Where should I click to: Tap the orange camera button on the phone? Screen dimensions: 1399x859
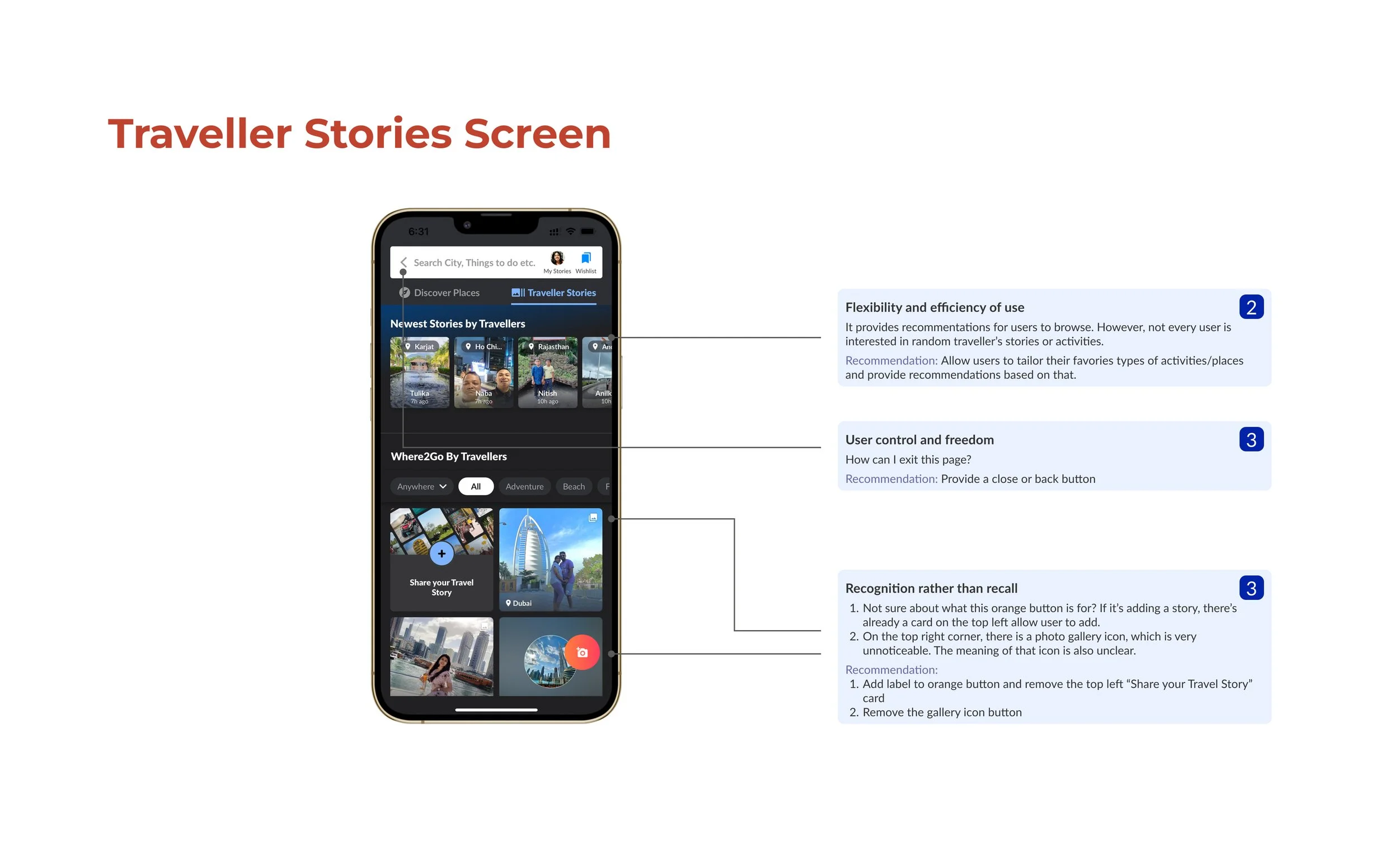(581, 652)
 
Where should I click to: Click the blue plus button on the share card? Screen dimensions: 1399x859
(442, 553)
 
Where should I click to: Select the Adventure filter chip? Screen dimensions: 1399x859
(524, 486)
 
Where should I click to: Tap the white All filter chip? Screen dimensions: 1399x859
(476, 486)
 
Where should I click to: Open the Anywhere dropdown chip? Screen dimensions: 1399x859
(421, 486)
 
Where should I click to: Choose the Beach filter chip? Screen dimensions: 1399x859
(573, 486)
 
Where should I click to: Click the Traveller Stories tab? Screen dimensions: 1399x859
(554, 293)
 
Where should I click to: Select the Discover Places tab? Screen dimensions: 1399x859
(440, 293)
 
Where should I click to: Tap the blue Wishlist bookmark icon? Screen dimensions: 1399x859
(585, 259)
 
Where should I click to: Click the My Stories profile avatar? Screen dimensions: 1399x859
(557, 259)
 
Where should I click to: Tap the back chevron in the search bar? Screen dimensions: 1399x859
(403, 262)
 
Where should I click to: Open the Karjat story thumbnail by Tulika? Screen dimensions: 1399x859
(419, 372)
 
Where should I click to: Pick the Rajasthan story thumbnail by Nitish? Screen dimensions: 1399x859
(547, 372)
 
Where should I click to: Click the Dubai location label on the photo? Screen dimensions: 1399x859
(519, 603)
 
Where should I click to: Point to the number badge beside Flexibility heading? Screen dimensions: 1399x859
(1251, 307)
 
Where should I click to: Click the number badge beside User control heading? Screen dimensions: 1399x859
(1251, 440)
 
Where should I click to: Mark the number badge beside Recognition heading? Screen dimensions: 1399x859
(1251, 588)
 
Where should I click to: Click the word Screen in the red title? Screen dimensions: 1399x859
(537, 134)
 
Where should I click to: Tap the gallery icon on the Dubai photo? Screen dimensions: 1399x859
(593, 518)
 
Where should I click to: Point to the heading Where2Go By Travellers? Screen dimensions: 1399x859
(449, 456)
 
